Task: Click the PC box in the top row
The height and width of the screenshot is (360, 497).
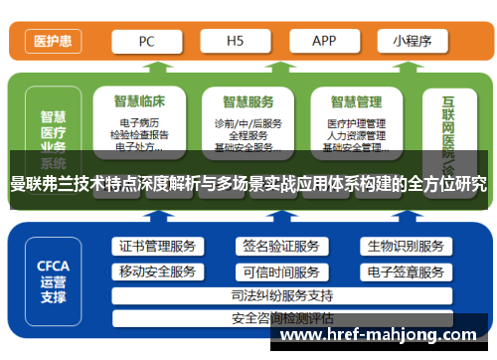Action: (147, 41)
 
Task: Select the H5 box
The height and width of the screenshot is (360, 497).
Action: (236, 41)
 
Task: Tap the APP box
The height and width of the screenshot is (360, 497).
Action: (324, 41)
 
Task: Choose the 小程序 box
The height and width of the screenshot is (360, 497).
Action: (412, 41)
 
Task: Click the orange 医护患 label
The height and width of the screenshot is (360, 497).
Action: (51, 42)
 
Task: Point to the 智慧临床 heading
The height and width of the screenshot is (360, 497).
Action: (140, 100)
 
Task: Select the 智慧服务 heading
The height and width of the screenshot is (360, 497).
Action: (248, 100)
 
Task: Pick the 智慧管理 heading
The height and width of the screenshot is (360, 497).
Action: (356, 100)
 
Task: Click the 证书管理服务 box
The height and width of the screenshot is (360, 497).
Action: (157, 247)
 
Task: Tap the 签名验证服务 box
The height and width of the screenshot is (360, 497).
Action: (280, 247)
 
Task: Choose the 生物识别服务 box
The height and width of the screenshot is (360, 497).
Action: (405, 247)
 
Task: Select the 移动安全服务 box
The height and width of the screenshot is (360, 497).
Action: (157, 271)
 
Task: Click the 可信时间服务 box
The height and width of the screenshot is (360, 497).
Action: (280, 271)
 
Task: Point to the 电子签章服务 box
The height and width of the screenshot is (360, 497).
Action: (405, 271)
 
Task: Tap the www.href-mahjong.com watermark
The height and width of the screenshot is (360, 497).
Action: (383, 336)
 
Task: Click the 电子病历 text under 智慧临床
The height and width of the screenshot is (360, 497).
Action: (140, 123)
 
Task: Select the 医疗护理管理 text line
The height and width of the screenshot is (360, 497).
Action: (356, 123)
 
